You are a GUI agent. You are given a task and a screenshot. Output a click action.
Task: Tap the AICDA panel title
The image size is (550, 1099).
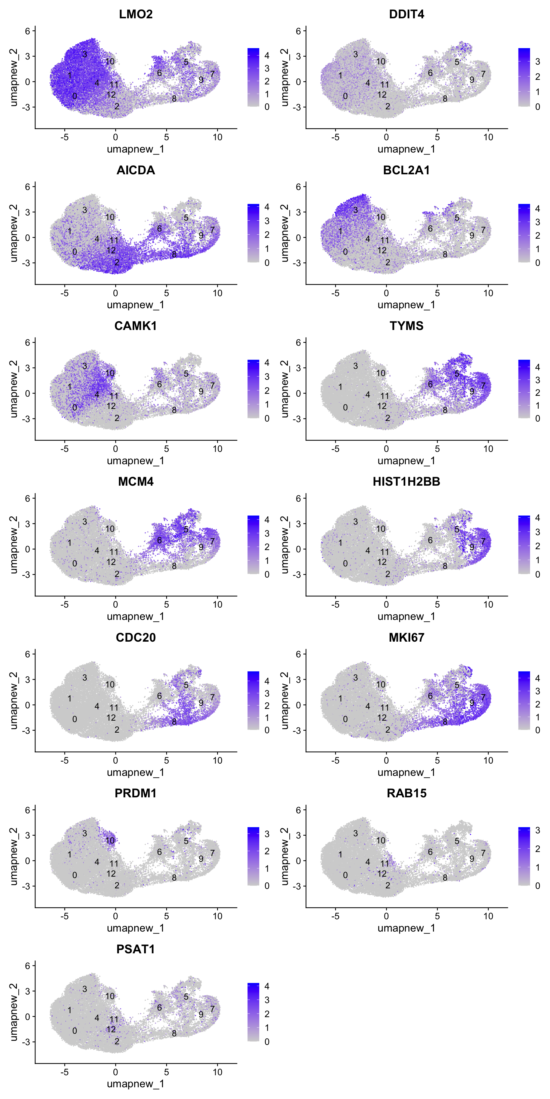[x=135, y=170]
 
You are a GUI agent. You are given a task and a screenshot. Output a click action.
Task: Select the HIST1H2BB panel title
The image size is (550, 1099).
[x=406, y=482]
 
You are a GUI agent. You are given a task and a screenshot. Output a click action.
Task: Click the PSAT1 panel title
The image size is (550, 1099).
[x=135, y=949]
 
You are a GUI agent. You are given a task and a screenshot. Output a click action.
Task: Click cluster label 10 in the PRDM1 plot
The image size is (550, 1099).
[x=110, y=841]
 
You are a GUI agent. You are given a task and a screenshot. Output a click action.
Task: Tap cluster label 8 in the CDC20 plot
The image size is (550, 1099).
[x=174, y=722]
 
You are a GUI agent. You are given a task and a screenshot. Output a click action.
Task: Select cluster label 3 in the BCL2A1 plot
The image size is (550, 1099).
[x=355, y=210]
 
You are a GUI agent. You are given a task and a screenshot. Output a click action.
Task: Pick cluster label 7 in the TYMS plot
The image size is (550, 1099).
[x=483, y=386]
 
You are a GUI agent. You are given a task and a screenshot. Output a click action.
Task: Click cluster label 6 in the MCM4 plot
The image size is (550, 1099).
[x=159, y=540]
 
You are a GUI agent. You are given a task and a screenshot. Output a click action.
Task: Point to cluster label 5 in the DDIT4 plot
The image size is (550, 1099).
[x=457, y=62]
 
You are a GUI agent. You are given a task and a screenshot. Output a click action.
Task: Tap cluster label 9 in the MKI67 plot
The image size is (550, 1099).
[x=472, y=703]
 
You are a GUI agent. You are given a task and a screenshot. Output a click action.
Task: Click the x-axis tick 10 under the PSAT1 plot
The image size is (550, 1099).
[x=217, y=1072]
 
